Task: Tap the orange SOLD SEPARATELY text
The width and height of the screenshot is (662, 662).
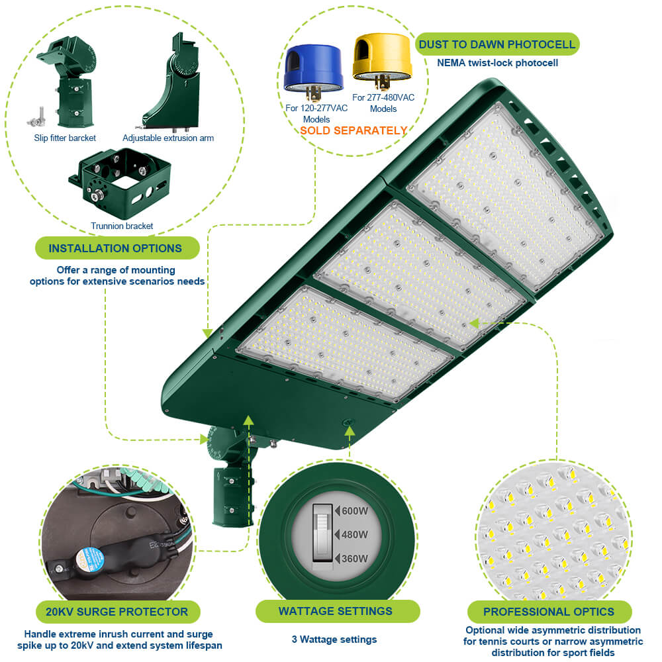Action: pos(354,130)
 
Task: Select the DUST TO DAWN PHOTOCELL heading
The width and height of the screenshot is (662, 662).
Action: pos(497,44)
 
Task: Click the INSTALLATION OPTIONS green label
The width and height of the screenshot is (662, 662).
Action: pos(116,248)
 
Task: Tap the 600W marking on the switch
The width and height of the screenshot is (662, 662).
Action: pos(354,510)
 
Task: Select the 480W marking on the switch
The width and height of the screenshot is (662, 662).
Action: pos(354,534)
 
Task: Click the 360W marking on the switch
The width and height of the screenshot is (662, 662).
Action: pos(354,558)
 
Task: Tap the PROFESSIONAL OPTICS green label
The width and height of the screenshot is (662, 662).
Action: pos(549,612)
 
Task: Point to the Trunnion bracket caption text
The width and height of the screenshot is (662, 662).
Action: pos(122,226)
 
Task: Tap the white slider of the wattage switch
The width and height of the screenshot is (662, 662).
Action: pos(322,522)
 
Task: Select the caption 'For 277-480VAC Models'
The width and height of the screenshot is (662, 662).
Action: pos(383,103)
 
